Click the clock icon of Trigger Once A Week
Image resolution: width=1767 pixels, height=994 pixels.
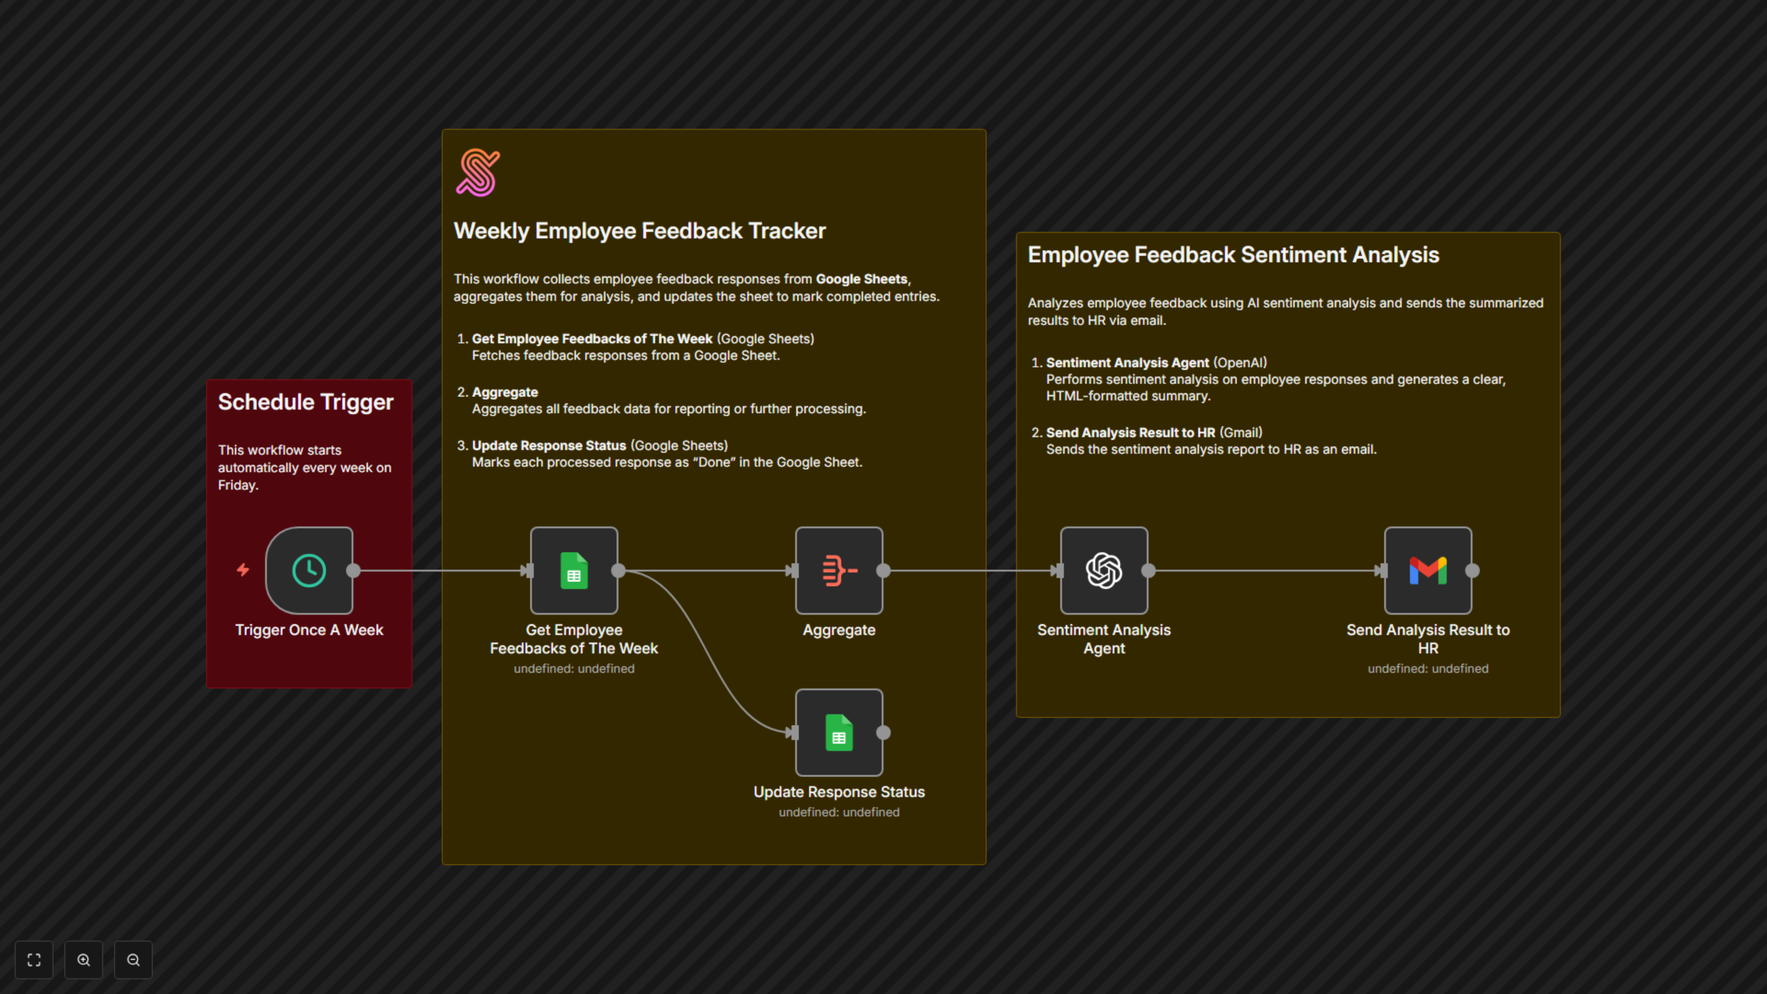click(309, 570)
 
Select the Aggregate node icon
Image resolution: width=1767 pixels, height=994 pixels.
click(839, 570)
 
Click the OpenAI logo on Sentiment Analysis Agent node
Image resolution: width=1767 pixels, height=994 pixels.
click(1104, 570)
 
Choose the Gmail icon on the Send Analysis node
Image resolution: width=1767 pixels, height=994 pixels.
click(1427, 570)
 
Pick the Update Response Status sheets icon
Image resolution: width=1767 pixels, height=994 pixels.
click(839, 733)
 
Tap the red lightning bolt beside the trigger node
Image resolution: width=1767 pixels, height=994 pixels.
click(243, 569)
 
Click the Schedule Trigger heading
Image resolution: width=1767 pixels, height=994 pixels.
click(305, 402)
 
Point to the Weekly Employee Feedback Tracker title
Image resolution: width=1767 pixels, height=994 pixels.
click(639, 231)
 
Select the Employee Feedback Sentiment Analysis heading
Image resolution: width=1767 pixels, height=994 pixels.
click(1233, 255)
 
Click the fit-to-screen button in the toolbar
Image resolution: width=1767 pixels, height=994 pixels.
click(34, 959)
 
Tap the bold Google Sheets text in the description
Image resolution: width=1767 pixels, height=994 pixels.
click(861, 279)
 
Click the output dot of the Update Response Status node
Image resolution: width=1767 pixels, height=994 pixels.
click(883, 733)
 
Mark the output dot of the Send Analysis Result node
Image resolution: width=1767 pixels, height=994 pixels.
click(1472, 570)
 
